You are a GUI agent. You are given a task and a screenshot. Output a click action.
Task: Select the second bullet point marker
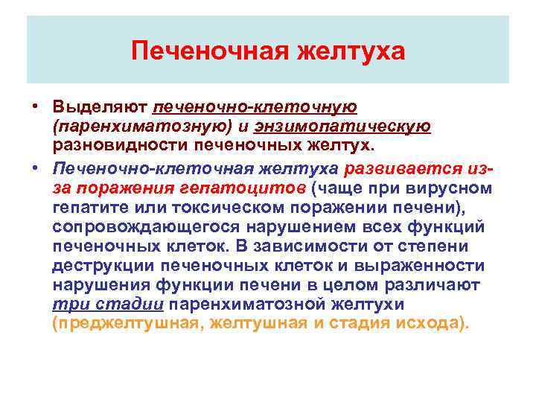point(35,168)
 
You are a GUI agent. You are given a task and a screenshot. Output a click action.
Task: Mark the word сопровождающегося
point(139,226)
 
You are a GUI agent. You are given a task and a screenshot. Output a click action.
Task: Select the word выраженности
point(425,266)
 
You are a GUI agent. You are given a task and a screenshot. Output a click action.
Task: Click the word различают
point(433,285)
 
